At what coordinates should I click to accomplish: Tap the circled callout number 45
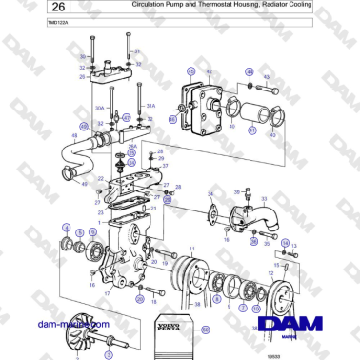point(190,71)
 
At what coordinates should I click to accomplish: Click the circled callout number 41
point(171,120)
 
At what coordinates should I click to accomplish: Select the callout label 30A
point(99,108)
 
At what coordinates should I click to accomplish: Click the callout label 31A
point(150,107)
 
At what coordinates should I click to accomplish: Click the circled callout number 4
point(66,226)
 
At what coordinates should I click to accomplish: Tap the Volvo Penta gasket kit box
point(179,329)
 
